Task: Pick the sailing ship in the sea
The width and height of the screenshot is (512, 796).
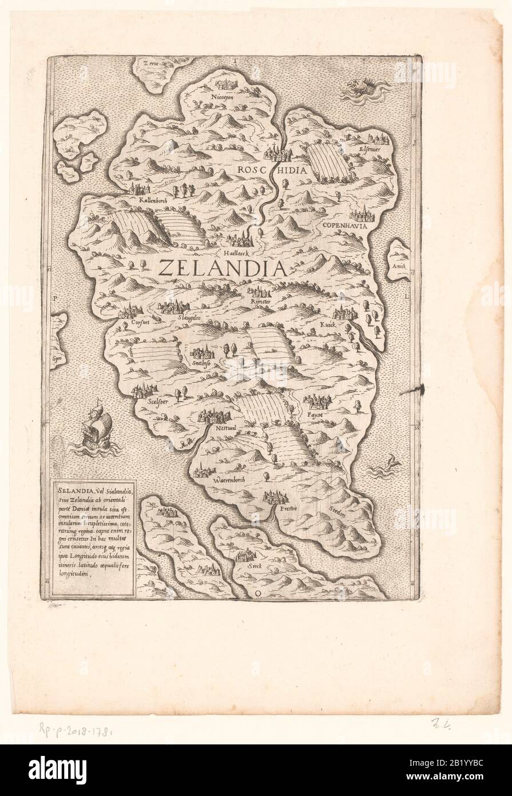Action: point(96,428)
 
